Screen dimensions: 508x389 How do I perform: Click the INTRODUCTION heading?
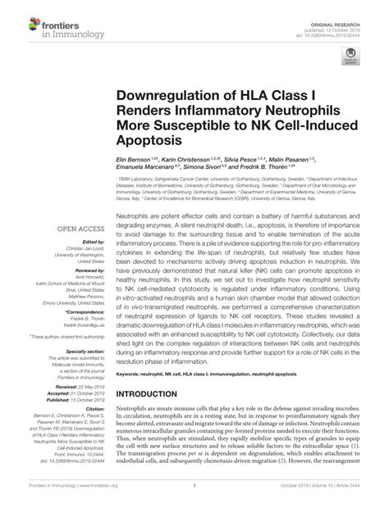click(x=157, y=394)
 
